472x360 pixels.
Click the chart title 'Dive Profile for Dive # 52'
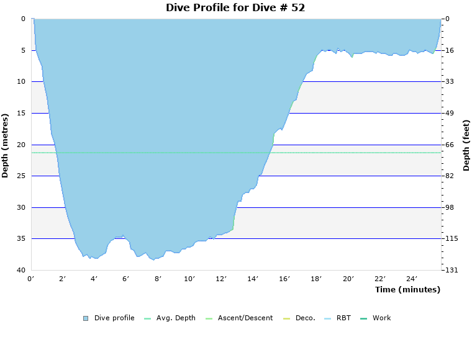(x=235, y=7)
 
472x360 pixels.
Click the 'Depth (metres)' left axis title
(x=6, y=145)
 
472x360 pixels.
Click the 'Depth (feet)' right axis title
(x=466, y=145)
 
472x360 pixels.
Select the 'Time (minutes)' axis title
(x=407, y=289)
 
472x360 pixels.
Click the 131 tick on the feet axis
(x=450, y=270)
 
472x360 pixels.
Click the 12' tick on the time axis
(x=221, y=279)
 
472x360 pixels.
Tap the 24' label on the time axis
(x=412, y=279)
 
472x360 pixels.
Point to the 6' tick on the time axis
(x=126, y=279)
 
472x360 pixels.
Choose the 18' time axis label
(x=316, y=279)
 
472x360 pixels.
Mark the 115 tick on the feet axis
(x=450, y=238)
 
